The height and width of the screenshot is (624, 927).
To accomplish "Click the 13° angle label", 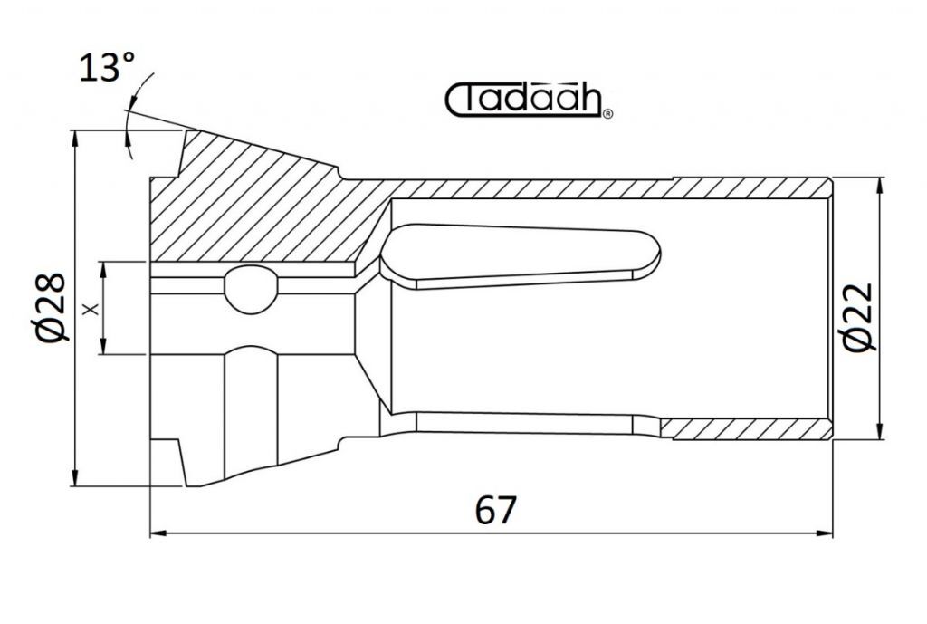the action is pos(107,67).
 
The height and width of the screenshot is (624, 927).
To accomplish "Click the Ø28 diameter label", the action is pos(51,308).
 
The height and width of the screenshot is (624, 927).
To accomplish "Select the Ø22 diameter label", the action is pos(857,318).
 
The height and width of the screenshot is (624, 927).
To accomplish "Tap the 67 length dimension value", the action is pos(495,510).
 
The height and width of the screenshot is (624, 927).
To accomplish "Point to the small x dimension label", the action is pos(91,308).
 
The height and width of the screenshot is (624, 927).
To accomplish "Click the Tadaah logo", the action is pos(528,100).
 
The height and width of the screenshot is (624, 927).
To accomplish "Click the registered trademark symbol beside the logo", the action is pos(607,114).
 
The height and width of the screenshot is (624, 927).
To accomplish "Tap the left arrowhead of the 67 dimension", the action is pos(158,533).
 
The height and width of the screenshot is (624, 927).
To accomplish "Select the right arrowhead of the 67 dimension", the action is pos(825,533).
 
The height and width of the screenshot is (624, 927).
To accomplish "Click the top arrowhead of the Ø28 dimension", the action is pos(74,139).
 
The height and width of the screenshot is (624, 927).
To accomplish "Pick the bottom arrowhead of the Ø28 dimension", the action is pos(74,478).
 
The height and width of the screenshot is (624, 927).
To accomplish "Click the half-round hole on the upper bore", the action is pos(251,289).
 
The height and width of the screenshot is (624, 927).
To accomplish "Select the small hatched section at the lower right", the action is pos(747,429).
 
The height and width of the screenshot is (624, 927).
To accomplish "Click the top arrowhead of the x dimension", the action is pos(103,270).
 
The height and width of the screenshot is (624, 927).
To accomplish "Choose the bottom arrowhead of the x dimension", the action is pos(103,346).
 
